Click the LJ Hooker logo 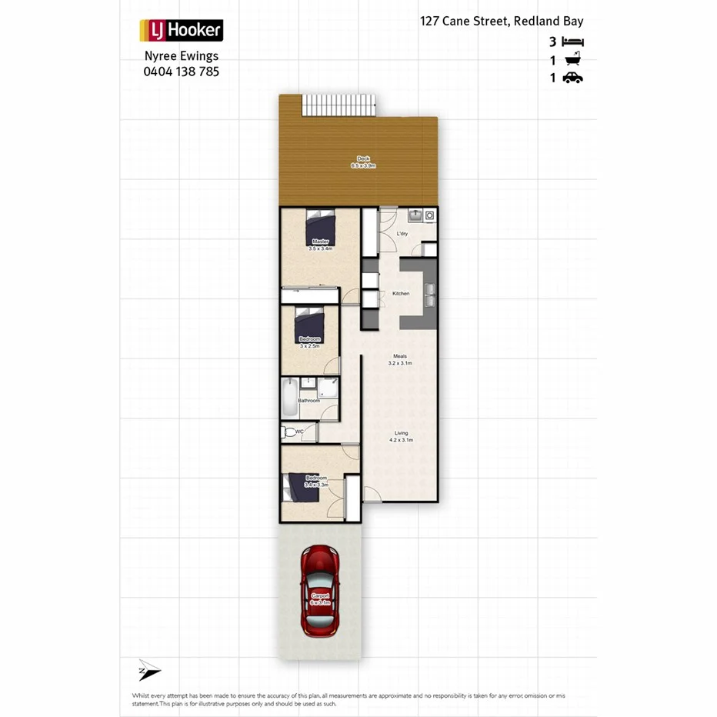point(181,31)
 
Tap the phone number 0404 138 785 point(181,71)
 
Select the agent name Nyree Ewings point(181,55)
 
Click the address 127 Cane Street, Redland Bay point(502,22)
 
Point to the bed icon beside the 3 point(573,42)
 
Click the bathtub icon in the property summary point(573,60)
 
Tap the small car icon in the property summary point(573,78)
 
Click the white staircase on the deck point(338,105)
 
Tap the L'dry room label point(402,233)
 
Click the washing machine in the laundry point(429,216)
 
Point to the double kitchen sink point(429,292)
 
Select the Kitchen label point(401,294)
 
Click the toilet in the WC point(290,432)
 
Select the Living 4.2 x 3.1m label point(401,436)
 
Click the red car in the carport point(320,590)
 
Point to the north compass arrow point(148,670)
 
